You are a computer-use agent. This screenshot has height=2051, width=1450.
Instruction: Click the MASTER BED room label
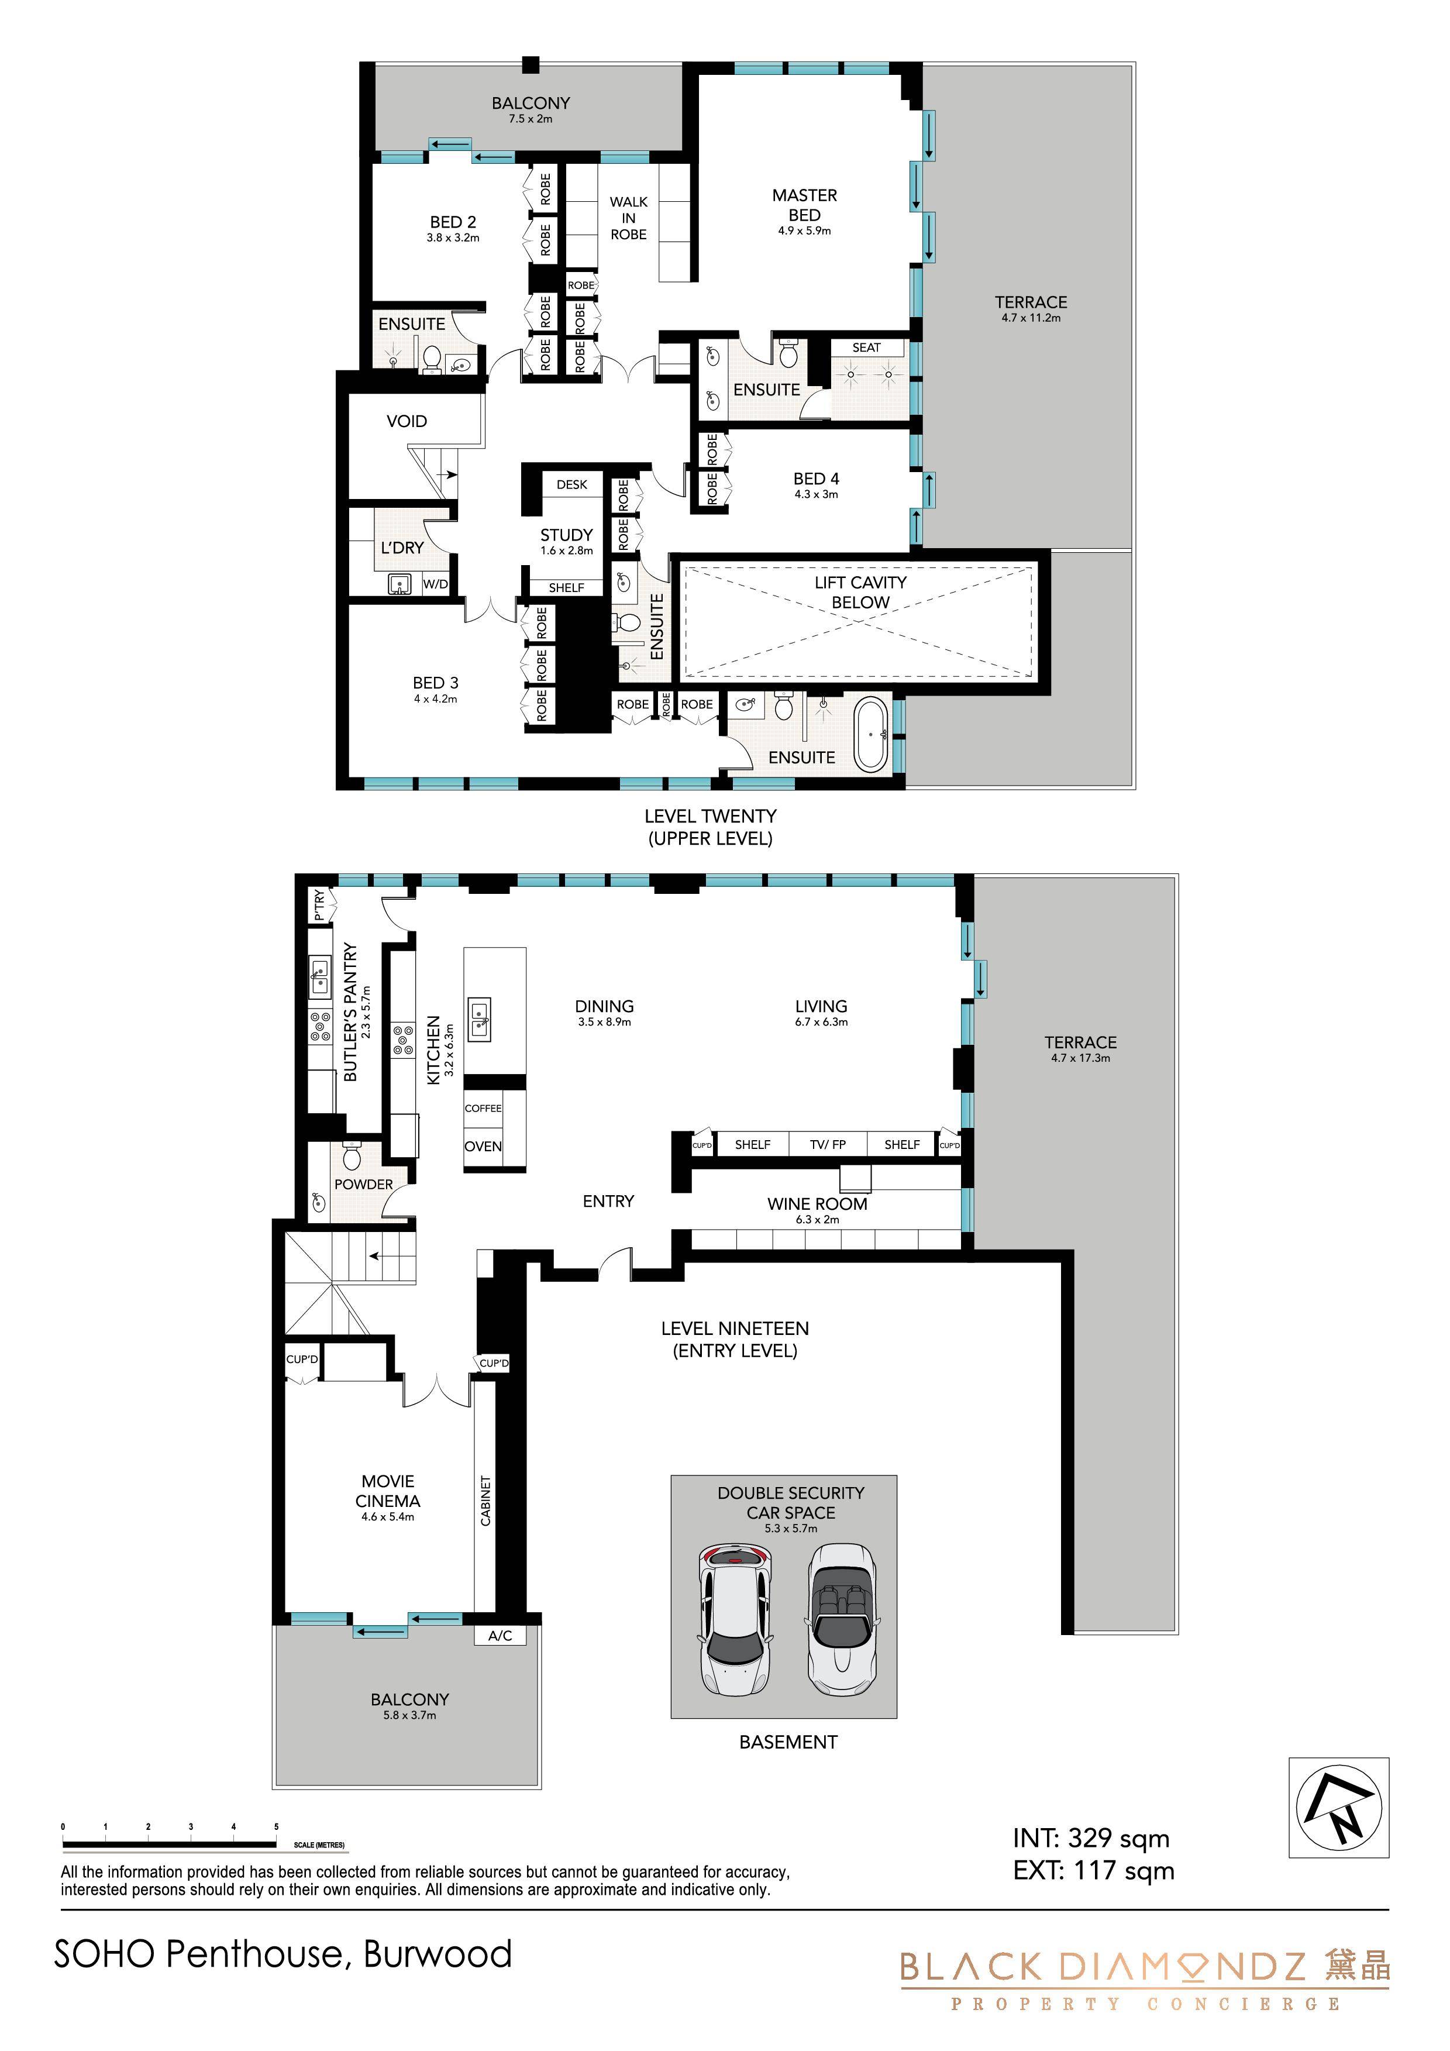[804, 205]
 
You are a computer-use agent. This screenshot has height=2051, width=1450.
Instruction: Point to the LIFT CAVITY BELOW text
[860, 592]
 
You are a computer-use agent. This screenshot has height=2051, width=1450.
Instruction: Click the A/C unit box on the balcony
[500, 1636]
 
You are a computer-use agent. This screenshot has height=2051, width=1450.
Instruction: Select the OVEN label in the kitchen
[483, 1146]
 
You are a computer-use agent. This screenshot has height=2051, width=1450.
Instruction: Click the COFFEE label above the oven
[483, 1107]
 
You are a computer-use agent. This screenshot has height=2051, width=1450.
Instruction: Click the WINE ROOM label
[817, 1203]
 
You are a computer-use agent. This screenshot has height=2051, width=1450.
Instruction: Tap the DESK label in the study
[572, 484]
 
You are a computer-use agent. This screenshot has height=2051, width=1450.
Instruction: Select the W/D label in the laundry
[435, 584]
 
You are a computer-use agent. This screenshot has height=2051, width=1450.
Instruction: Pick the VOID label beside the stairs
[407, 421]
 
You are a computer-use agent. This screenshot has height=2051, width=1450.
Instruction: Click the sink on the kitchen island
[481, 1018]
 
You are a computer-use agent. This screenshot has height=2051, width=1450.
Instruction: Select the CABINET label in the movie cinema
[485, 1500]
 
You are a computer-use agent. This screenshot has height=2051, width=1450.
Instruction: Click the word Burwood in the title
[438, 1954]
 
